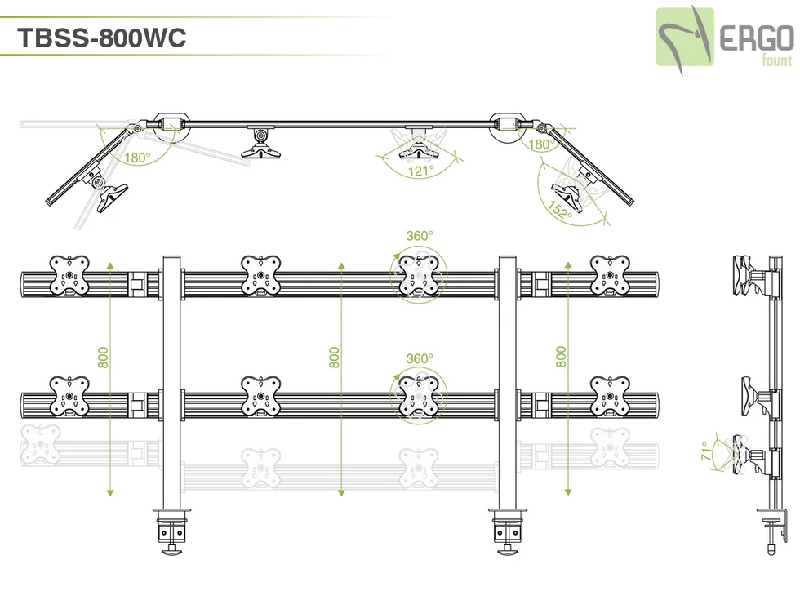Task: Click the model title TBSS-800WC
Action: pyautogui.click(x=101, y=38)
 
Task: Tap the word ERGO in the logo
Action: pyautogui.click(x=756, y=39)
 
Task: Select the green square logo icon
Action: pyautogui.click(x=686, y=37)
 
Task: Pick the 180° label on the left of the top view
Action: pyautogui.click(x=137, y=157)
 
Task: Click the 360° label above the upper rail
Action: pyautogui.click(x=420, y=235)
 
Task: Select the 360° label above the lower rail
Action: pyautogui.click(x=420, y=358)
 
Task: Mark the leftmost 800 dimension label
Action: pyautogui.click(x=103, y=358)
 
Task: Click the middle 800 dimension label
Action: pyautogui.click(x=334, y=358)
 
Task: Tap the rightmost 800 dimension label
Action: pyautogui.click(x=561, y=358)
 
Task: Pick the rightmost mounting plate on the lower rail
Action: pyautogui.click(x=610, y=396)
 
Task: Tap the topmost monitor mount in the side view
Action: pyautogui.click(x=749, y=276)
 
